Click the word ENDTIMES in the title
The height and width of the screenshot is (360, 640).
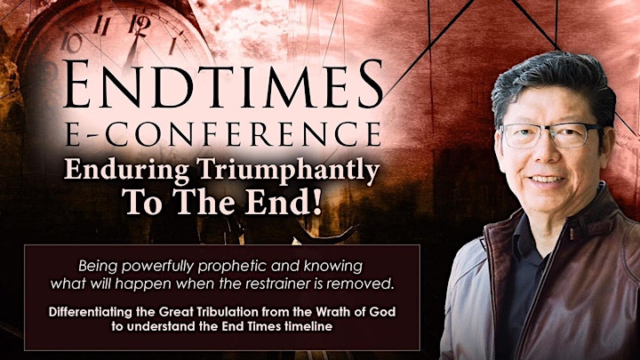223,84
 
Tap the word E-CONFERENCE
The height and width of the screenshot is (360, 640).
223,133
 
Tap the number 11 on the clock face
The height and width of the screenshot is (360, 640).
101,25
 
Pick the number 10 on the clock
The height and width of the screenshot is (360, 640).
71,43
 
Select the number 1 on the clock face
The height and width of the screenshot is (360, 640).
173,45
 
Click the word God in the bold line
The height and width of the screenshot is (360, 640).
385,312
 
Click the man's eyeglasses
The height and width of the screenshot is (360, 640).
550,135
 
